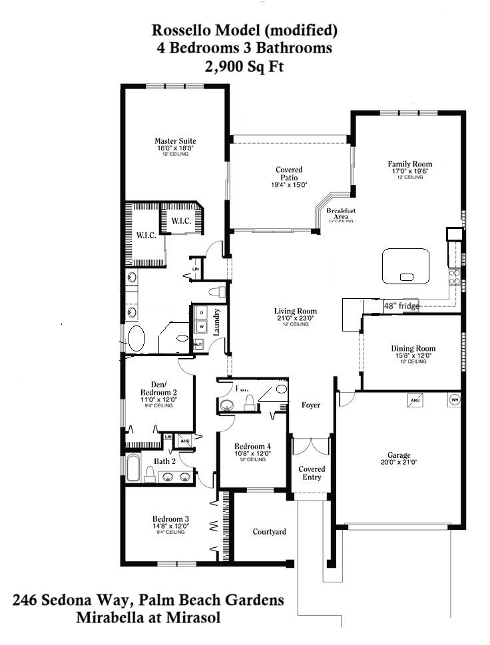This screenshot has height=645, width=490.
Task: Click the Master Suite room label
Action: point(175,141)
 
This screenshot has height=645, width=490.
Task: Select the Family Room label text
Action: point(410,164)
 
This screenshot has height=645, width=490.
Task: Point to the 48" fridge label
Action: point(401,306)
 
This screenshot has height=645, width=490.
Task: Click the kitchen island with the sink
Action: point(405,267)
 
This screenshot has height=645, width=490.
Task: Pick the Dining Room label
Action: point(413,348)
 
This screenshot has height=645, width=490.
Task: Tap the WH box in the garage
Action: point(455,400)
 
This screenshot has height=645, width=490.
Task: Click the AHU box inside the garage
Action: point(414,400)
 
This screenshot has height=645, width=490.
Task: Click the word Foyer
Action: point(311,405)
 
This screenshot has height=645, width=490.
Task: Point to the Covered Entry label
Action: point(312,473)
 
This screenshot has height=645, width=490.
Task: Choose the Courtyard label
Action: point(269,532)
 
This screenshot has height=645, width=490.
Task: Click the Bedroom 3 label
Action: point(170,519)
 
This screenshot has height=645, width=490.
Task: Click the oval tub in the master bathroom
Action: point(136,338)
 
